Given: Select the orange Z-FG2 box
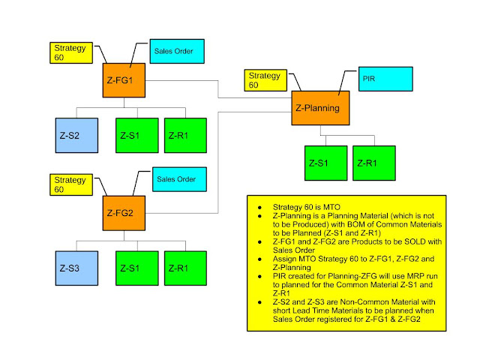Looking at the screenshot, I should [x=124, y=213].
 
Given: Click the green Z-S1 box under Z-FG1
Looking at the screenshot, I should [x=136, y=136].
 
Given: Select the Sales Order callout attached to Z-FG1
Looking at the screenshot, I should [x=177, y=52].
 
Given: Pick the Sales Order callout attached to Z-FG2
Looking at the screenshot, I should [x=177, y=180].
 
